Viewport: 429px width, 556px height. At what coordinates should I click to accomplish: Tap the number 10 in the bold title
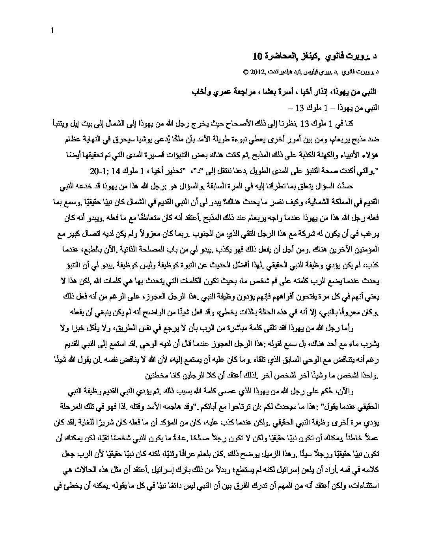[x=257, y=56]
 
